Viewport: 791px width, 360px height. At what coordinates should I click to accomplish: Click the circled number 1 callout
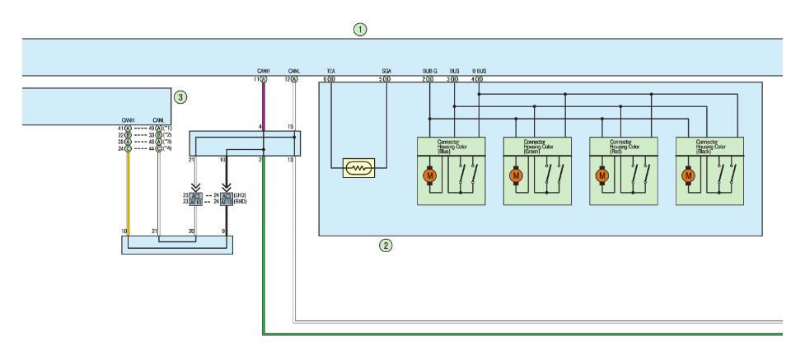tap(359, 30)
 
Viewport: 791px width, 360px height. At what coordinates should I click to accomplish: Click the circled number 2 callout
tap(383, 245)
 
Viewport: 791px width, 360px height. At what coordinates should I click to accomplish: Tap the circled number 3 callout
tap(180, 96)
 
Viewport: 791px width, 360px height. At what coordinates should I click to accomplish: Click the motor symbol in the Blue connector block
tap(429, 175)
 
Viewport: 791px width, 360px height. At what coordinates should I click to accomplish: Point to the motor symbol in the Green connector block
tap(516, 175)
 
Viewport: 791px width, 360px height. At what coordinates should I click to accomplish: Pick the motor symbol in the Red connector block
tap(602, 175)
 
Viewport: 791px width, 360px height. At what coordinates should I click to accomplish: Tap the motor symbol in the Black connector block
tap(688, 175)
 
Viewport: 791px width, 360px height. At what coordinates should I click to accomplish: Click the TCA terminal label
tap(330, 72)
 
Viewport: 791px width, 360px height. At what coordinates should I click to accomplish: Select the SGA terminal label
tap(386, 72)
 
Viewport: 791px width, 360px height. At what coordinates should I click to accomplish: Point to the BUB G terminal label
tap(428, 72)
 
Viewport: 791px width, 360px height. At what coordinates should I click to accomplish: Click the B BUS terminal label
tap(479, 72)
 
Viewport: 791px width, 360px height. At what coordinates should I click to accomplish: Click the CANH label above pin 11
tap(264, 72)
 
